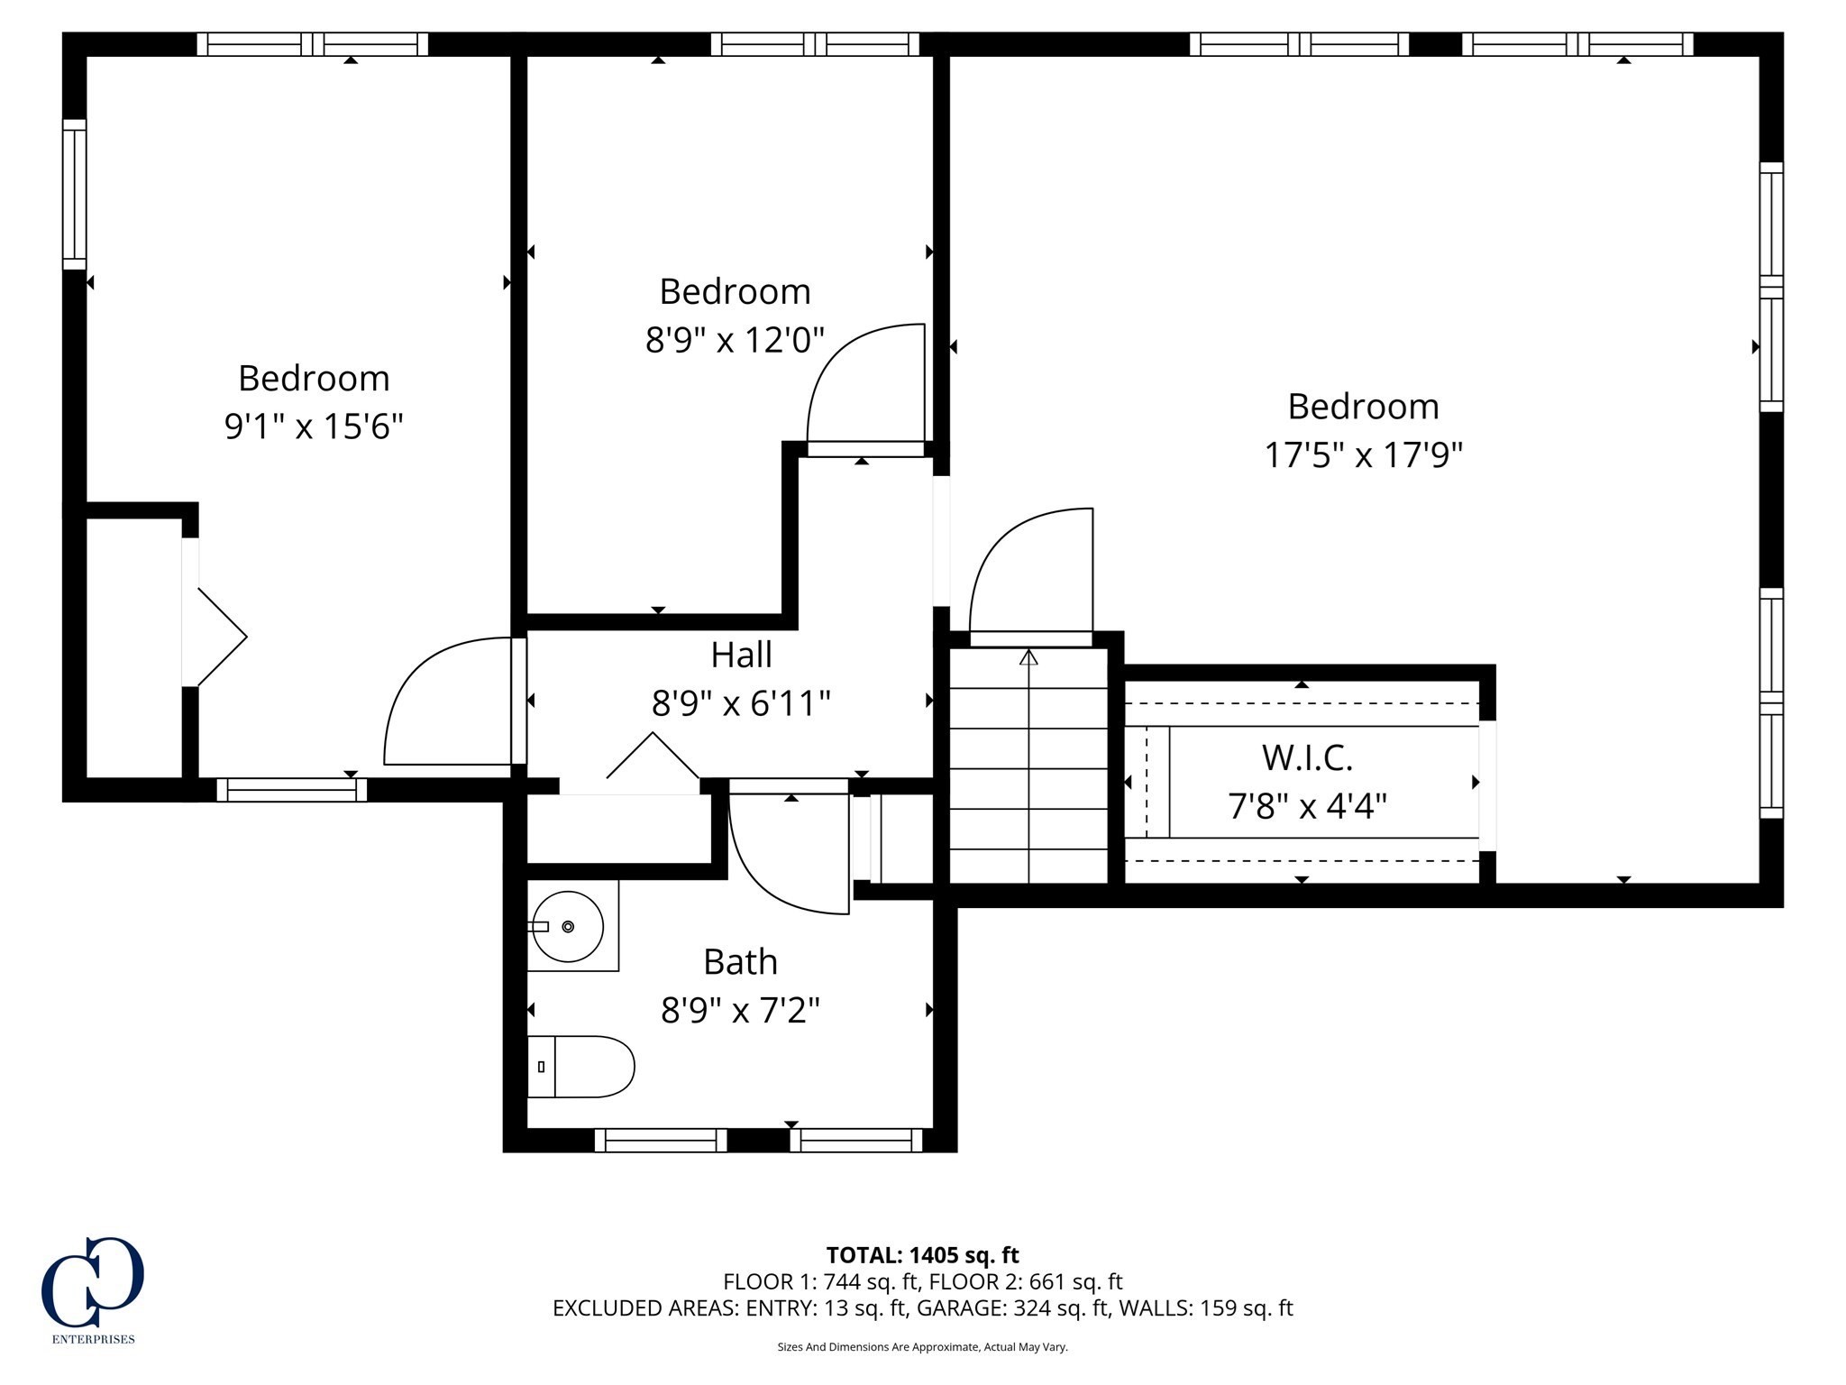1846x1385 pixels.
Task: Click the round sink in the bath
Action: point(567,926)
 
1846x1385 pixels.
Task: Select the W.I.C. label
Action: point(1307,758)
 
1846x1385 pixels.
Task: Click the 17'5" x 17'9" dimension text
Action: point(1363,455)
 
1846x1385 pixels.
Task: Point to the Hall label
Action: point(741,656)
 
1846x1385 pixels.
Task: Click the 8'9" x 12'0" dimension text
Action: point(735,341)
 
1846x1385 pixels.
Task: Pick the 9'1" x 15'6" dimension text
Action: point(314,426)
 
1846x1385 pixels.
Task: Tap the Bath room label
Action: point(740,962)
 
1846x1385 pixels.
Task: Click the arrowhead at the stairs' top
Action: point(1028,657)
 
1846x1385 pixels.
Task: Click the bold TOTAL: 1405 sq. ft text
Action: point(922,1255)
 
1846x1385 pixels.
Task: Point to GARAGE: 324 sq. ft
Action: point(1014,1308)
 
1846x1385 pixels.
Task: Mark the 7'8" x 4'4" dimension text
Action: point(1307,805)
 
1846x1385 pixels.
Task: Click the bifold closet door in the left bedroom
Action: point(216,637)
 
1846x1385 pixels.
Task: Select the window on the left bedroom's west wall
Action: point(74,194)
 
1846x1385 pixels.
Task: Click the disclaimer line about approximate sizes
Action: point(922,1347)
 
